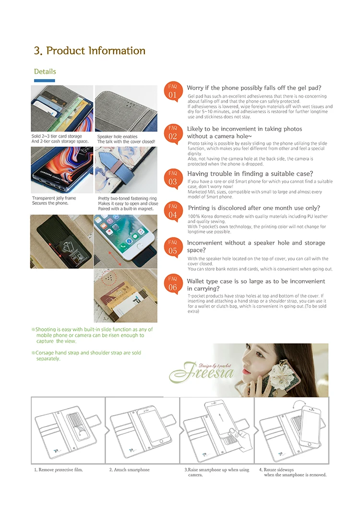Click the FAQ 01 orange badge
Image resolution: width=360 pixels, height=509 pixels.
point(172,92)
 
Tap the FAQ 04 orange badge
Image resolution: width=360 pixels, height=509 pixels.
point(172,212)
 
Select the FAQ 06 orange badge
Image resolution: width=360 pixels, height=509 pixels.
point(172,284)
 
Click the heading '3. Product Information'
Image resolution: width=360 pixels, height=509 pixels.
point(90,51)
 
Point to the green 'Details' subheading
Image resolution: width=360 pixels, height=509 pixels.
point(45,71)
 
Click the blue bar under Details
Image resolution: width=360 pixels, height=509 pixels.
point(45,81)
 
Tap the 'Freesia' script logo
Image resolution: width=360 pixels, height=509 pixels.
point(202,372)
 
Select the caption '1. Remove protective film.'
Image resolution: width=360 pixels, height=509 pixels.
point(59,470)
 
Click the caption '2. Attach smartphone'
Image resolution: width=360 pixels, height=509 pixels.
point(129,470)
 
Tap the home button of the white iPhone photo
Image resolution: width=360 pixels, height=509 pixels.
point(140,247)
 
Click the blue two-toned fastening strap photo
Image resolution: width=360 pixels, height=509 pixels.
point(126,170)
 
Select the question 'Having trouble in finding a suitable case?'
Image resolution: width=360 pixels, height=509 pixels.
point(250,174)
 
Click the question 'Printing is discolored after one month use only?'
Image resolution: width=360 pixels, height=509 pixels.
point(254,208)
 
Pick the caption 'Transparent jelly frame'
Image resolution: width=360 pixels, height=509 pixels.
point(54,198)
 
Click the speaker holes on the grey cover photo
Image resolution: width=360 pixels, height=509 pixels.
point(131,103)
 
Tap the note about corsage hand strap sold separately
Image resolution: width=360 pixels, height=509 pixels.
point(86,355)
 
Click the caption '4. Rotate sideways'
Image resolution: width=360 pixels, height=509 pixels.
point(276,470)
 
